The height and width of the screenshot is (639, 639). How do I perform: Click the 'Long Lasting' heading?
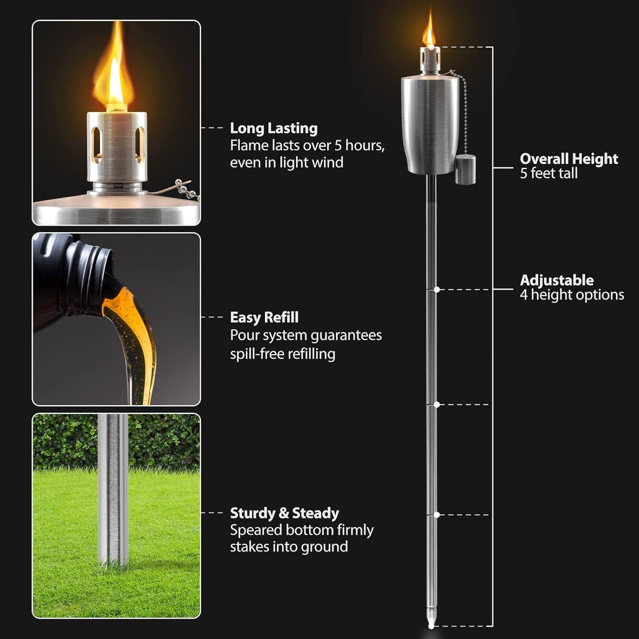click(273, 128)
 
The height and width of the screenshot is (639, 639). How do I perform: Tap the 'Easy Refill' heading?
click(264, 317)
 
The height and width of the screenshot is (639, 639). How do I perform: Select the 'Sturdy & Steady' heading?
click(284, 513)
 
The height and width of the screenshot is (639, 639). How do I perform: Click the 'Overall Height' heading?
click(568, 159)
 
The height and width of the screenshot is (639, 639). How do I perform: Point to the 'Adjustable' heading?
click(556, 280)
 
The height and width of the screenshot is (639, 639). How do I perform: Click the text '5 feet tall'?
click(548, 173)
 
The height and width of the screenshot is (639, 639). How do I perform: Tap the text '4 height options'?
click(572, 295)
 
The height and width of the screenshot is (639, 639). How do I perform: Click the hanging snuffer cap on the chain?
click(465, 170)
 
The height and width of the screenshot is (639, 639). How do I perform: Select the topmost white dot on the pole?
click(437, 290)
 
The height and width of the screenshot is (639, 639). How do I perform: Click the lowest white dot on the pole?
click(437, 515)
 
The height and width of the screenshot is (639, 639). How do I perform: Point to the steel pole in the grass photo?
click(113, 490)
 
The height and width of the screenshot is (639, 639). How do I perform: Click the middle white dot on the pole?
click(437, 404)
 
